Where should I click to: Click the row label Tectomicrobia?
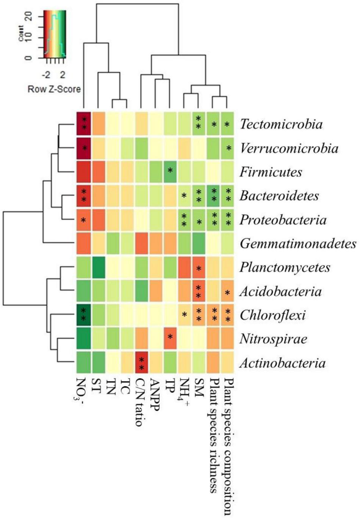pyautogui.click(x=281, y=124)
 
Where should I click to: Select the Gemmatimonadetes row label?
pyautogui.click(x=298, y=244)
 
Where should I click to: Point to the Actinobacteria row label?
pyautogui.click(x=282, y=363)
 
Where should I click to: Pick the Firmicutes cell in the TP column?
pyautogui.click(x=170, y=172)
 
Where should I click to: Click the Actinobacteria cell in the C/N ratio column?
pyautogui.click(x=141, y=363)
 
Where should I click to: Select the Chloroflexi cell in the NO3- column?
pyautogui.click(x=83, y=315)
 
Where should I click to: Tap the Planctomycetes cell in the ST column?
pyautogui.click(x=98, y=268)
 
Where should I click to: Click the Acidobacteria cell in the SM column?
pyautogui.click(x=199, y=291)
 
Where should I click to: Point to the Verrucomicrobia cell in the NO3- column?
pyautogui.click(x=83, y=148)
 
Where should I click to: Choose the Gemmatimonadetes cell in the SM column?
pyautogui.click(x=199, y=244)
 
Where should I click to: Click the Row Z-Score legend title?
pyautogui.click(x=54, y=89)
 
